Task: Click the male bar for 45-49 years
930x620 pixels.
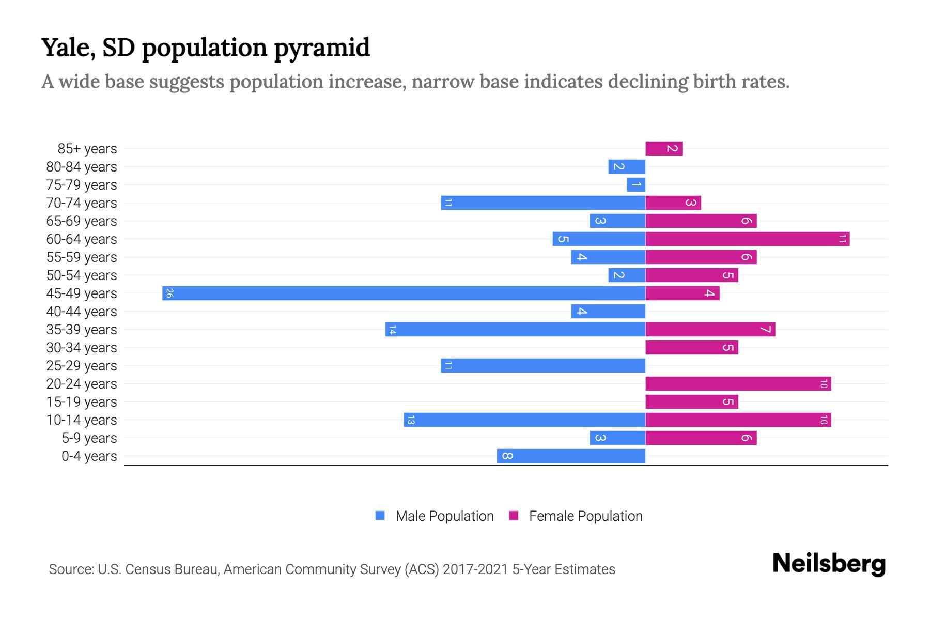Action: [x=404, y=293]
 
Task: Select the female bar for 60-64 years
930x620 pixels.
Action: [x=747, y=239]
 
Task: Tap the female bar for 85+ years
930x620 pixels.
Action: [x=664, y=148]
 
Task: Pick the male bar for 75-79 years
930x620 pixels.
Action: [x=636, y=184]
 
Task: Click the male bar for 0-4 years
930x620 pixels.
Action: [x=571, y=456]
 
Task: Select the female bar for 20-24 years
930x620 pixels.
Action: [x=738, y=383]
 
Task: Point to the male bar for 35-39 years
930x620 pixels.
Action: [x=515, y=329]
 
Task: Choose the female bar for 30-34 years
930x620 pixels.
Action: [x=691, y=347]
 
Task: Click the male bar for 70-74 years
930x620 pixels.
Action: [x=543, y=203]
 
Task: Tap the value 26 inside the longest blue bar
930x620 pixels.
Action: [x=169, y=293]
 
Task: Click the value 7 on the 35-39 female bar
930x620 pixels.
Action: [x=765, y=329]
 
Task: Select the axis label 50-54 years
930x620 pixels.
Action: [x=82, y=275]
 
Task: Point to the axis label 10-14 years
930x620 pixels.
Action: [x=82, y=420]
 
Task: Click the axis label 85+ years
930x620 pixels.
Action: [x=87, y=149]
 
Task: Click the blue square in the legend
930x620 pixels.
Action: [x=380, y=516]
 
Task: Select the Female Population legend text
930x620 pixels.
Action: [x=585, y=516]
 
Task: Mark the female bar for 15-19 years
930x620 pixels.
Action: [x=691, y=401]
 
